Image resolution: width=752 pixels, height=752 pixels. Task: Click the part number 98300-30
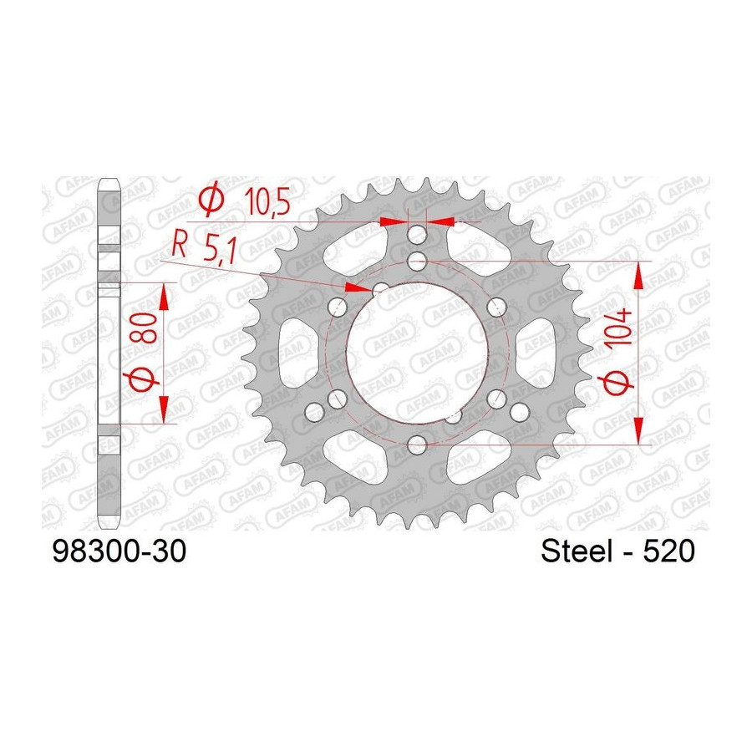pyautogui.click(x=119, y=551)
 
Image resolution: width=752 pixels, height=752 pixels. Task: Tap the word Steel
pyautogui.click(x=577, y=551)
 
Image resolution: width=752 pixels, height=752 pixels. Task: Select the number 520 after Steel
pyautogui.click(x=668, y=551)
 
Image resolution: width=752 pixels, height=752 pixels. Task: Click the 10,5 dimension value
pyautogui.click(x=267, y=201)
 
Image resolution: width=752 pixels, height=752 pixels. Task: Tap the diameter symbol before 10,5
pyautogui.click(x=211, y=199)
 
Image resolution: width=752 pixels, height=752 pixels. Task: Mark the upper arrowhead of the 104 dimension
pyautogui.click(x=638, y=276)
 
